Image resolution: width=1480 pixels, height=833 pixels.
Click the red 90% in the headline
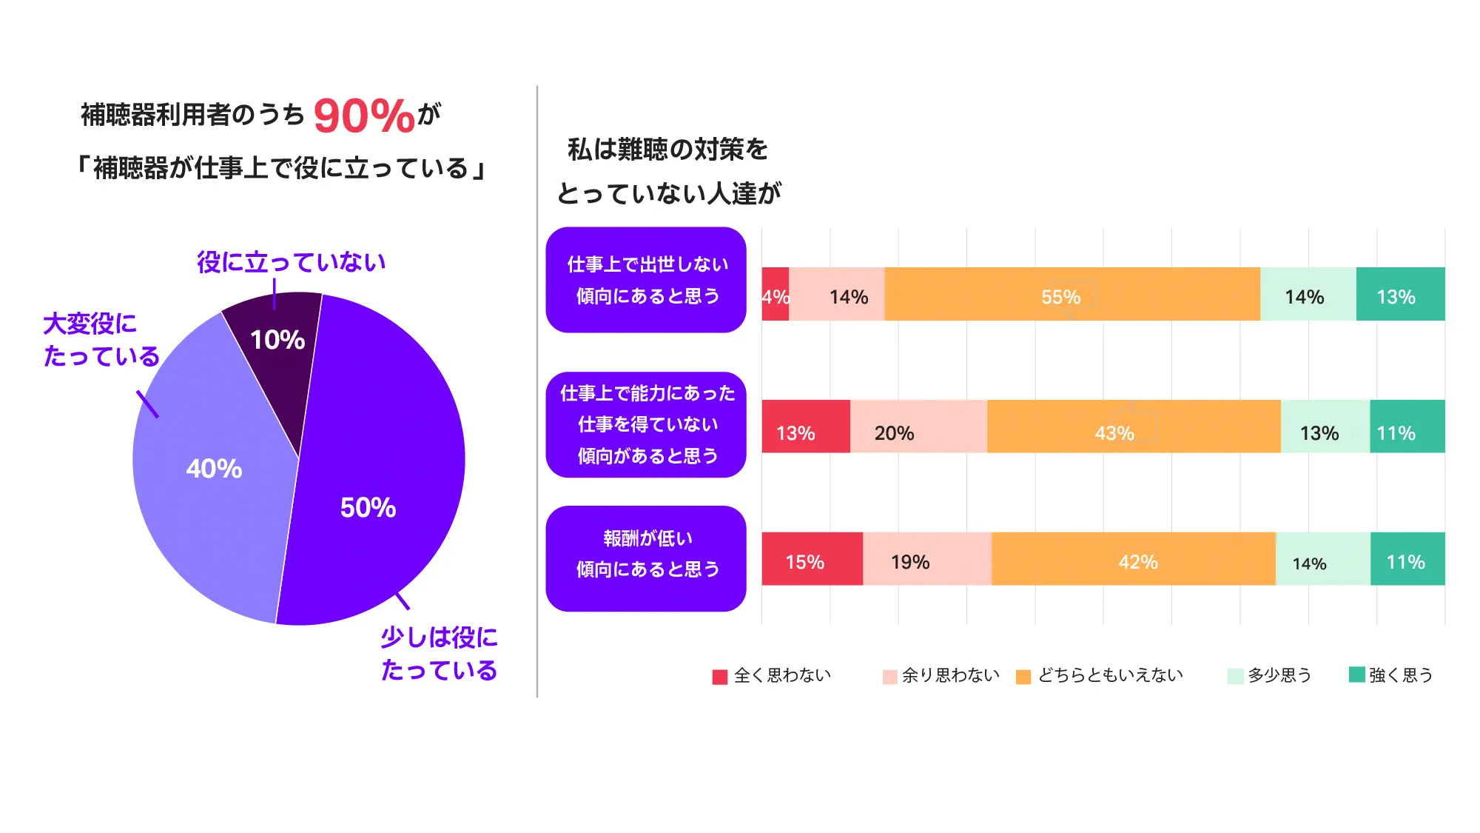363,116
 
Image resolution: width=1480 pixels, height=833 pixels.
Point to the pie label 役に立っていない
291,262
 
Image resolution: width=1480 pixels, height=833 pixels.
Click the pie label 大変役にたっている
101,340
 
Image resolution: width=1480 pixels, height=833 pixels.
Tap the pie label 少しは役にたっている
439,653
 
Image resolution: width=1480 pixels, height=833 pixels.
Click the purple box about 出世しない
646,280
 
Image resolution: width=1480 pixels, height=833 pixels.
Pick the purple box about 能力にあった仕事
646,424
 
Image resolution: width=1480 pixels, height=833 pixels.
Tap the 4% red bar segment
775,294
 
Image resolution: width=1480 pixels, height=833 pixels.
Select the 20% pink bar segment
918,426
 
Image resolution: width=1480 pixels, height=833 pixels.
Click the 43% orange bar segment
1133,426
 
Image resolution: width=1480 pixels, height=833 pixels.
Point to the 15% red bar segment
812,559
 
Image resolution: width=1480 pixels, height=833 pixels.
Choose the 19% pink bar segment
926,559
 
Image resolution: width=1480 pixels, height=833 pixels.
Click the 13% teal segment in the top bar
1400,294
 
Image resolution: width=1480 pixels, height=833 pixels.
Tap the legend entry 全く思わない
773,675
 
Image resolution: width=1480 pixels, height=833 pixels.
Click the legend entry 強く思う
1391,675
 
